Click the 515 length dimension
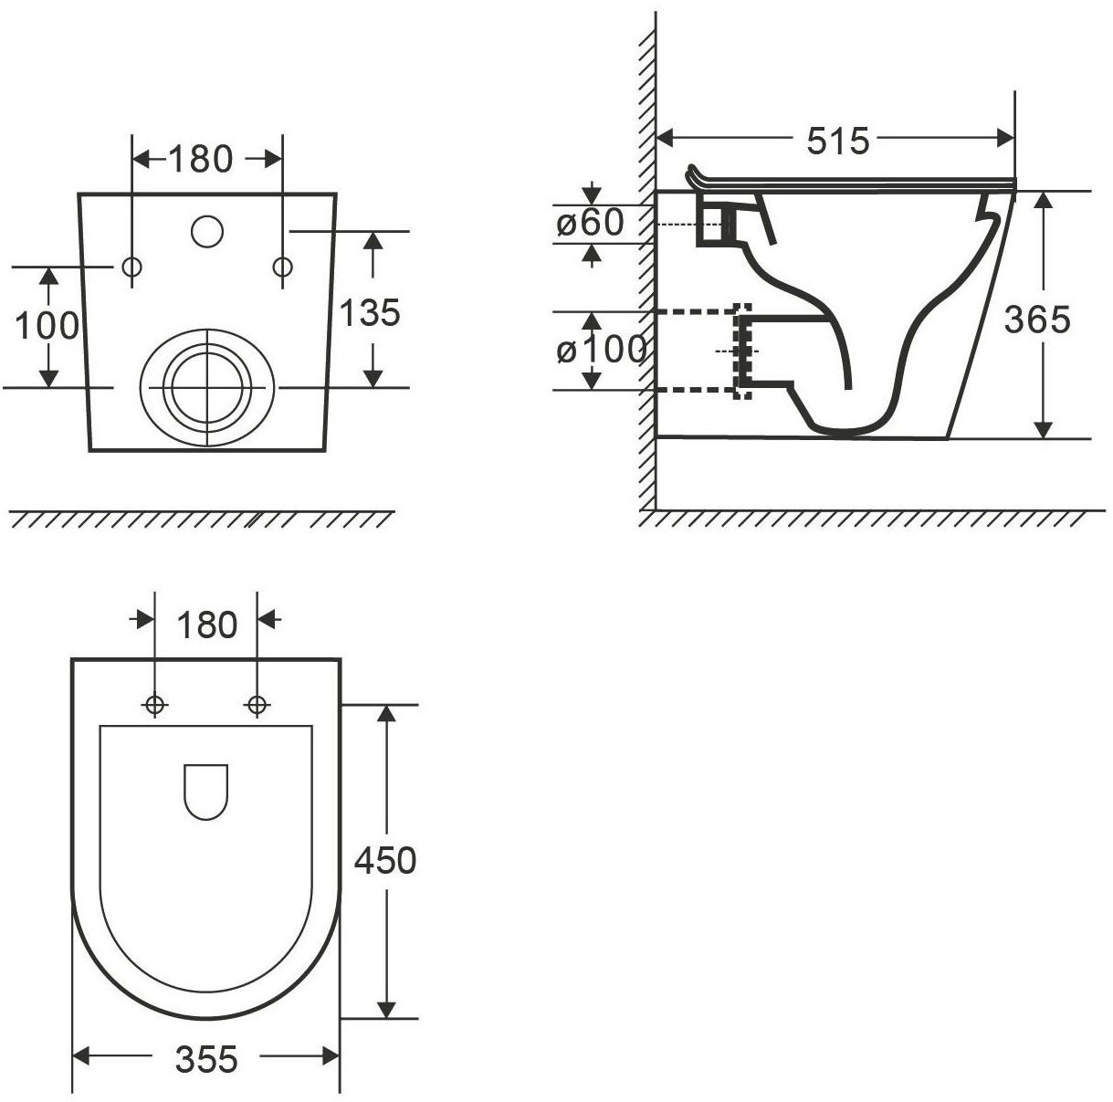click(x=837, y=141)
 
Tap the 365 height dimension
click(x=1037, y=320)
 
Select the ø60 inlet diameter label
click(x=590, y=223)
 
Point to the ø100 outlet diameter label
click(x=602, y=350)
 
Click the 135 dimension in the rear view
click(x=370, y=312)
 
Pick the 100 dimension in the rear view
click(x=47, y=325)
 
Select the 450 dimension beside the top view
click(x=385, y=861)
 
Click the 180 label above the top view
click(x=206, y=624)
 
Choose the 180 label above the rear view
click(x=201, y=159)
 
